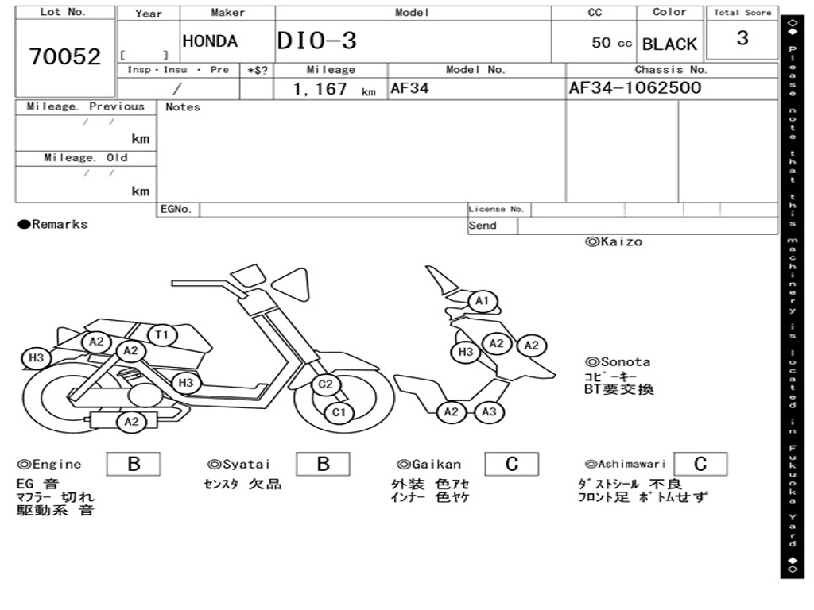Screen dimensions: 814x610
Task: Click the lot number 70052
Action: click(65, 56)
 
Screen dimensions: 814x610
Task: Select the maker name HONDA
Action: click(210, 41)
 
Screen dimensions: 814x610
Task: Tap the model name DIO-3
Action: click(317, 41)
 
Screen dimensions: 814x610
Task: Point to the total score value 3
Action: click(742, 38)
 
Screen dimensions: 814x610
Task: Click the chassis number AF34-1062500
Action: click(635, 87)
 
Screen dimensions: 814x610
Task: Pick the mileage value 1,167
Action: click(320, 89)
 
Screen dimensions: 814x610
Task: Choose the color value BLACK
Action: click(669, 44)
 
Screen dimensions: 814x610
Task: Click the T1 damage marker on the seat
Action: click(162, 334)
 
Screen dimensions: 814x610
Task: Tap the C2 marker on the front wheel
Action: click(325, 384)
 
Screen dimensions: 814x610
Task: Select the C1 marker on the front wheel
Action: click(339, 412)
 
